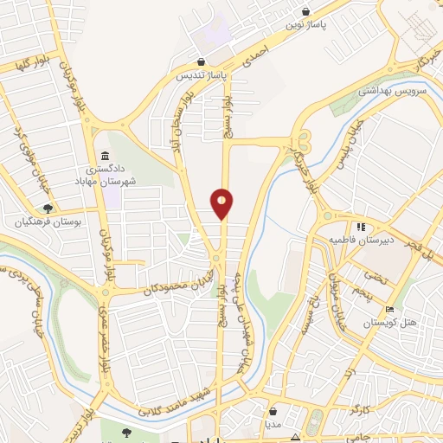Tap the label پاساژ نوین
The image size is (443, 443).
coord(311,26)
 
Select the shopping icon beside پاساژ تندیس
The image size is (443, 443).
coord(201,62)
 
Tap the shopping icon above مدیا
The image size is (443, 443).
coord(273,411)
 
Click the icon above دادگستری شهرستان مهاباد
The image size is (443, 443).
coord(104,157)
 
